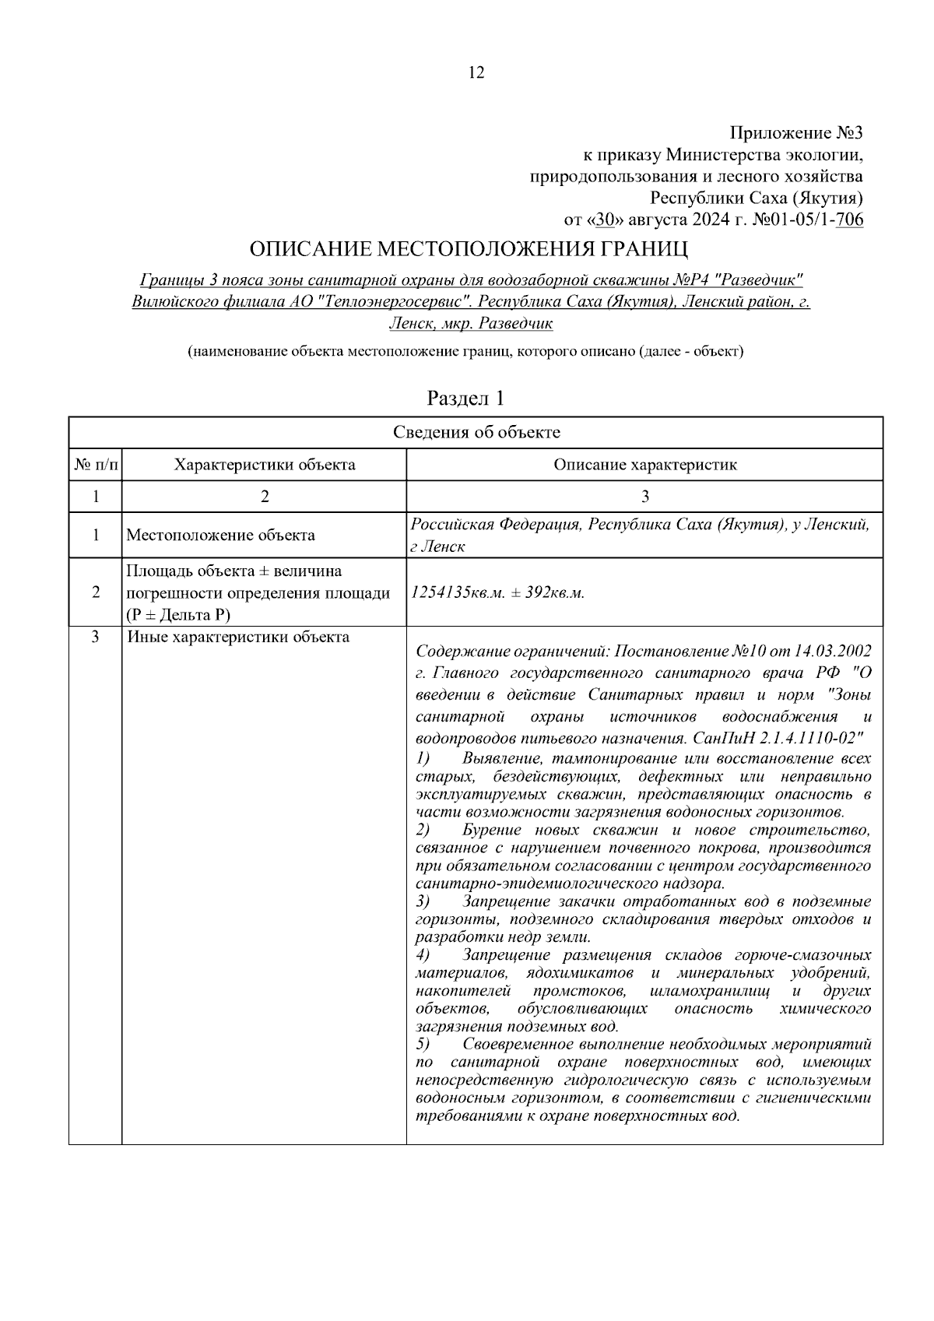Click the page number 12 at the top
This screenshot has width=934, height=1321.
[x=476, y=73]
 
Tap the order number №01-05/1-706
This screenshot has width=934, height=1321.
[x=808, y=220]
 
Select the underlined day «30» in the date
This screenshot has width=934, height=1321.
[x=606, y=220]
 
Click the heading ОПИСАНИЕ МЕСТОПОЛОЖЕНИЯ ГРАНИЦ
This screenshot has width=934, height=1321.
[x=469, y=250]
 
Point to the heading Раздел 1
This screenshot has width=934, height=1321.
[x=466, y=399]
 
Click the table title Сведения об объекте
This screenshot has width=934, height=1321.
[x=476, y=433]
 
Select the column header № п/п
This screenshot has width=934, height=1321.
[x=96, y=465]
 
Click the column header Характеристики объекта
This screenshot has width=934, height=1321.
[x=265, y=465]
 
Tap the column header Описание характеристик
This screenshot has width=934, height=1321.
[x=644, y=465]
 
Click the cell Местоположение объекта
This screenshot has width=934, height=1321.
[x=220, y=535]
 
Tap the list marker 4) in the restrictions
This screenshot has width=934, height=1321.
[x=423, y=955]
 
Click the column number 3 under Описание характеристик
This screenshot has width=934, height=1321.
[x=644, y=497]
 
